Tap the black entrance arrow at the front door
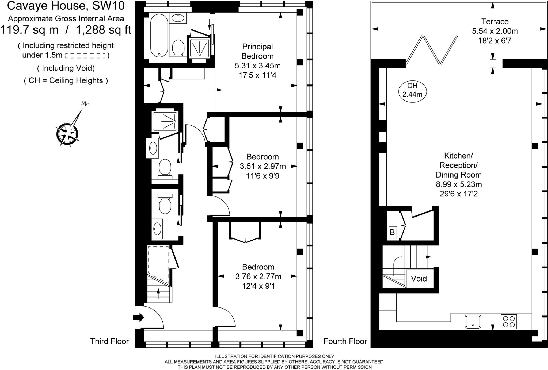coord(138,318)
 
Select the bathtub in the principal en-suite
coord(159,35)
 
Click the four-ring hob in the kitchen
coord(508,322)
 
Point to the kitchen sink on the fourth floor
coord(473,321)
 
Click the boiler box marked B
coord(392,232)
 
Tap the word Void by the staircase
coord(418,279)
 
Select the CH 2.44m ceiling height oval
coord(412,90)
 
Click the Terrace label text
coord(495,21)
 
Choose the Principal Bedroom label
coord(257,51)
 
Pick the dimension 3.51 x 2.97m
coord(262,166)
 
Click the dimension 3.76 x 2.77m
coord(258,276)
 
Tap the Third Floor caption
coord(109,341)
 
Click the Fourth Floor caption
coord(345,341)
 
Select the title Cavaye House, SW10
coord(66,6)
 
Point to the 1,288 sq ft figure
coord(104,30)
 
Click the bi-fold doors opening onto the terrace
coord(432,50)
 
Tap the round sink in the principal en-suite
coord(177,18)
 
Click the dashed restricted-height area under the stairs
coord(158,263)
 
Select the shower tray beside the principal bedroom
coord(200,48)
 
